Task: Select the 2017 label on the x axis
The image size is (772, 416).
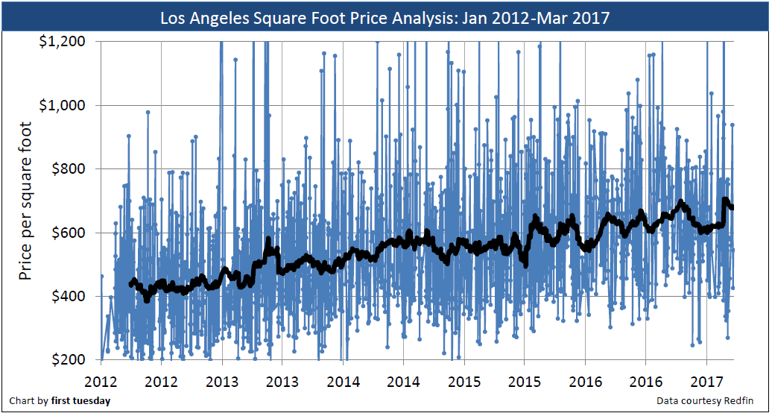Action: (706, 382)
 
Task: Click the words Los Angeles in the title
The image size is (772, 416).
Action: (202, 17)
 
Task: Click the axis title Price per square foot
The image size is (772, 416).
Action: (25, 201)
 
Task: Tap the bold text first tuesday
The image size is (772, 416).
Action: (80, 401)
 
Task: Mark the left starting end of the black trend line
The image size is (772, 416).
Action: (130, 285)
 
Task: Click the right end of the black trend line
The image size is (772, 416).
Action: (733, 207)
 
